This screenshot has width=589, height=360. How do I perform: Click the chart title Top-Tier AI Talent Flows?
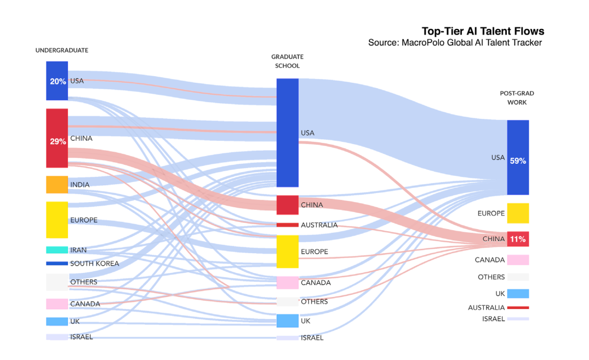pyautogui.click(x=483, y=31)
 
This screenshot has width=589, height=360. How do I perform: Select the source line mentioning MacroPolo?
pyautogui.click(x=455, y=43)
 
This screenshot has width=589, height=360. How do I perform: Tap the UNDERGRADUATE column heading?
pyautogui.click(x=62, y=50)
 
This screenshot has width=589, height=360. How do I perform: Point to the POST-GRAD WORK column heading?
pyautogui.click(x=517, y=98)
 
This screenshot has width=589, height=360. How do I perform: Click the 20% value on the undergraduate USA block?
pyautogui.click(x=58, y=81)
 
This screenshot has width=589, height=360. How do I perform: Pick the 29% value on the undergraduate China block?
pyautogui.click(x=58, y=141)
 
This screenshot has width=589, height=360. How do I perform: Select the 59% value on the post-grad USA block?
pyautogui.click(x=518, y=161)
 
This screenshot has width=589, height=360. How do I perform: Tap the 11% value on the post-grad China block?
pyautogui.click(x=518, y=239)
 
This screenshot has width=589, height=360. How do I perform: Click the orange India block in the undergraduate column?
pyautogui.click(x=57, y=185)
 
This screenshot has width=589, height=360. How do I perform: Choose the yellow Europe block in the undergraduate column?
pyautogui.click(x=57, y=220)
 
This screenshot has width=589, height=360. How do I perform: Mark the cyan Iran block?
pyautogui.click(x=57, y=250)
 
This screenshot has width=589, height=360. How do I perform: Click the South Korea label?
pyautogui.click(x=95, y=264)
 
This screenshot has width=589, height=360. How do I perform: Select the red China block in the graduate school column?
pyautogui.click(x=287, y=204)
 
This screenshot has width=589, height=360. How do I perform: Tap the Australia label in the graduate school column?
pyautogui.click(x=319, y=225)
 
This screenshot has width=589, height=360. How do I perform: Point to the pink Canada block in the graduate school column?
pyautogui.click(x=287, y=282)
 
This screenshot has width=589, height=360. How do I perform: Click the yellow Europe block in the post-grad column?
pyautogui.click(x=518, y=213)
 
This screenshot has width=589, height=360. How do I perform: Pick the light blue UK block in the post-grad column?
pyautogui.click(x=518, y=293)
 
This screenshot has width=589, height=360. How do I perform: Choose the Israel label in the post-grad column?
pyautogui.click(x=493, y=319)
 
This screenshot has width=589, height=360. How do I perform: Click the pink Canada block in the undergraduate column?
pyautogui.click(x=57, y=304)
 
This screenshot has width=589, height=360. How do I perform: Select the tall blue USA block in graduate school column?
pyautogui.click(x=287, y=133)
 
